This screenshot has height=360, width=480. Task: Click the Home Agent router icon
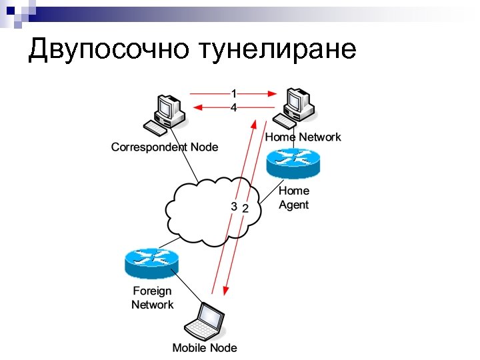coord(293,163)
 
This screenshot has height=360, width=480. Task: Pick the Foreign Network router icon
coord(151,263)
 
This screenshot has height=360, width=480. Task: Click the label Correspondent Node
coord(165,147)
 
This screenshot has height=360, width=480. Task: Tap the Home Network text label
coord(303,137)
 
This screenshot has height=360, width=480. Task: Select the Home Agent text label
coord(293,198)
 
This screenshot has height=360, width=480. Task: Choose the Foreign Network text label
coord(152,298)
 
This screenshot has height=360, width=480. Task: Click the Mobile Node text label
coord(205,347)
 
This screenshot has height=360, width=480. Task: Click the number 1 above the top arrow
coord(233,93)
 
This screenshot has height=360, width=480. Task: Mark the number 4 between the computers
coord(233,108)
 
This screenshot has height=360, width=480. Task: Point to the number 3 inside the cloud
coord(233,207)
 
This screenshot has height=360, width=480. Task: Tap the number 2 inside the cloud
coord(245,209)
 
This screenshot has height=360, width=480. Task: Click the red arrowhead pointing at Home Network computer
coord(273,93)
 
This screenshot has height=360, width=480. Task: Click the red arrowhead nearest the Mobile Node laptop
coord(226,291)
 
